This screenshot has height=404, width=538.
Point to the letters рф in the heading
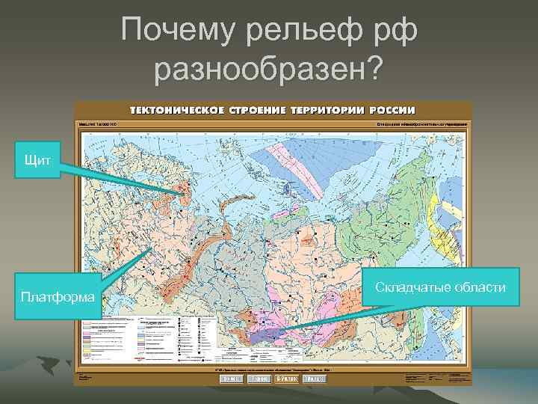pyautogui.click(x=397, y=31)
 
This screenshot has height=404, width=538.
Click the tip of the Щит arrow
pyautogui.click(x=183, y=196)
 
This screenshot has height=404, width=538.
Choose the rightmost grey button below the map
pyautogui.click(x=318, y=379)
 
